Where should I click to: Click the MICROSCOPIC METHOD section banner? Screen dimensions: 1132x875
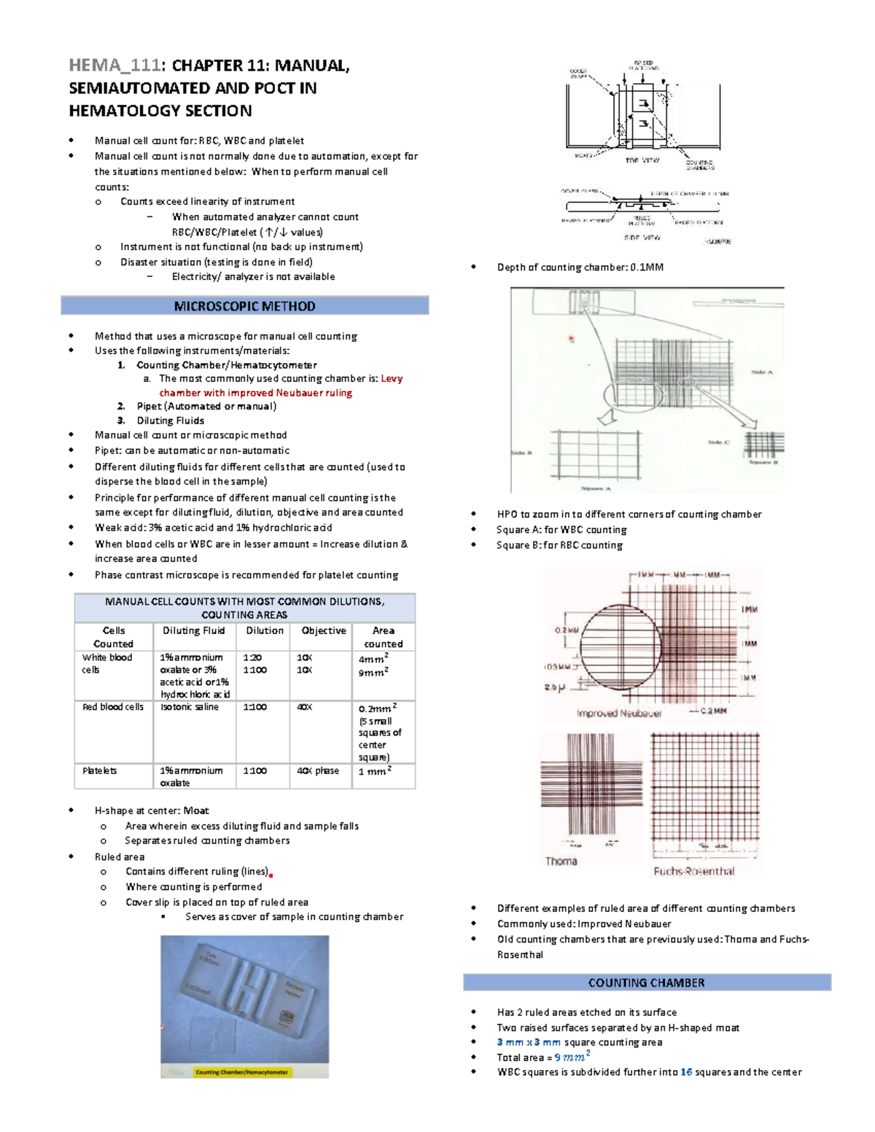244,306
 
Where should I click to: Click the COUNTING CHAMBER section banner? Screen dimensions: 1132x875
646,983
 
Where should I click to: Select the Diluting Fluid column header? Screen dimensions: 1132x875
193,631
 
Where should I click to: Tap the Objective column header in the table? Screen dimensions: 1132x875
324,631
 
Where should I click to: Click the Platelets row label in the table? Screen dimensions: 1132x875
100,770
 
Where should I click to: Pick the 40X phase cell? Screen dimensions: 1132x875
318,770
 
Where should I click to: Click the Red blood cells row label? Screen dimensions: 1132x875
112,707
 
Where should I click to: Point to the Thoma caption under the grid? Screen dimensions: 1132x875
561,861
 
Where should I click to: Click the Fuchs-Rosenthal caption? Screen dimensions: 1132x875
693,871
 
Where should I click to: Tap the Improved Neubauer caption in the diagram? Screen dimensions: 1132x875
618,714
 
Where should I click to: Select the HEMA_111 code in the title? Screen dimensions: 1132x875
114,66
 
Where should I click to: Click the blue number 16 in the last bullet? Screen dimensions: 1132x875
686,1072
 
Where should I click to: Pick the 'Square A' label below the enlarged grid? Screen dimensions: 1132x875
596,488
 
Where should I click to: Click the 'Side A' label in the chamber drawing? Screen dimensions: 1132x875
761,372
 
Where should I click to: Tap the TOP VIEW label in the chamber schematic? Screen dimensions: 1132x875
642,160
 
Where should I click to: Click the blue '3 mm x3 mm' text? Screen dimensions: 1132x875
529,1042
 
